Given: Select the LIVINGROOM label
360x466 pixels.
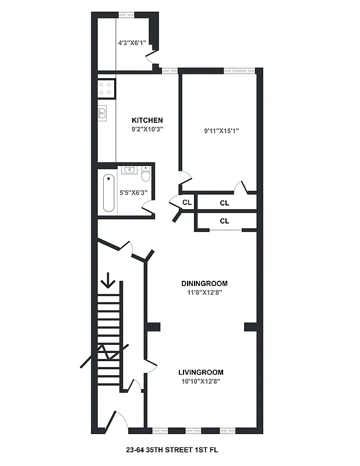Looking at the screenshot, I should (x=200, y=372).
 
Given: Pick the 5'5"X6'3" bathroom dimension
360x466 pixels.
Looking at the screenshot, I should (x=133, y=192).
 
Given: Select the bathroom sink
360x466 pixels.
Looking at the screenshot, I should (x=129, y=170).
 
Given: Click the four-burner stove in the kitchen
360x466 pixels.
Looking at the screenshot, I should (x=105, y=88).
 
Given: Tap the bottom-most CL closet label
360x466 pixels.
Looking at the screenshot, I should (x=225, y=221).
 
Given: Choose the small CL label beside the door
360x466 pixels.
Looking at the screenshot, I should (x=187, y=203).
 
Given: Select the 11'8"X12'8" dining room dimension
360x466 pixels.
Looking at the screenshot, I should (x=203, y=293).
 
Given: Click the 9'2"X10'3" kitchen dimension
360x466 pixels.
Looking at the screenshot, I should (x=146, y=130).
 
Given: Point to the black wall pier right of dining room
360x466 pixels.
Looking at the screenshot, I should (x=251, y=326).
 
